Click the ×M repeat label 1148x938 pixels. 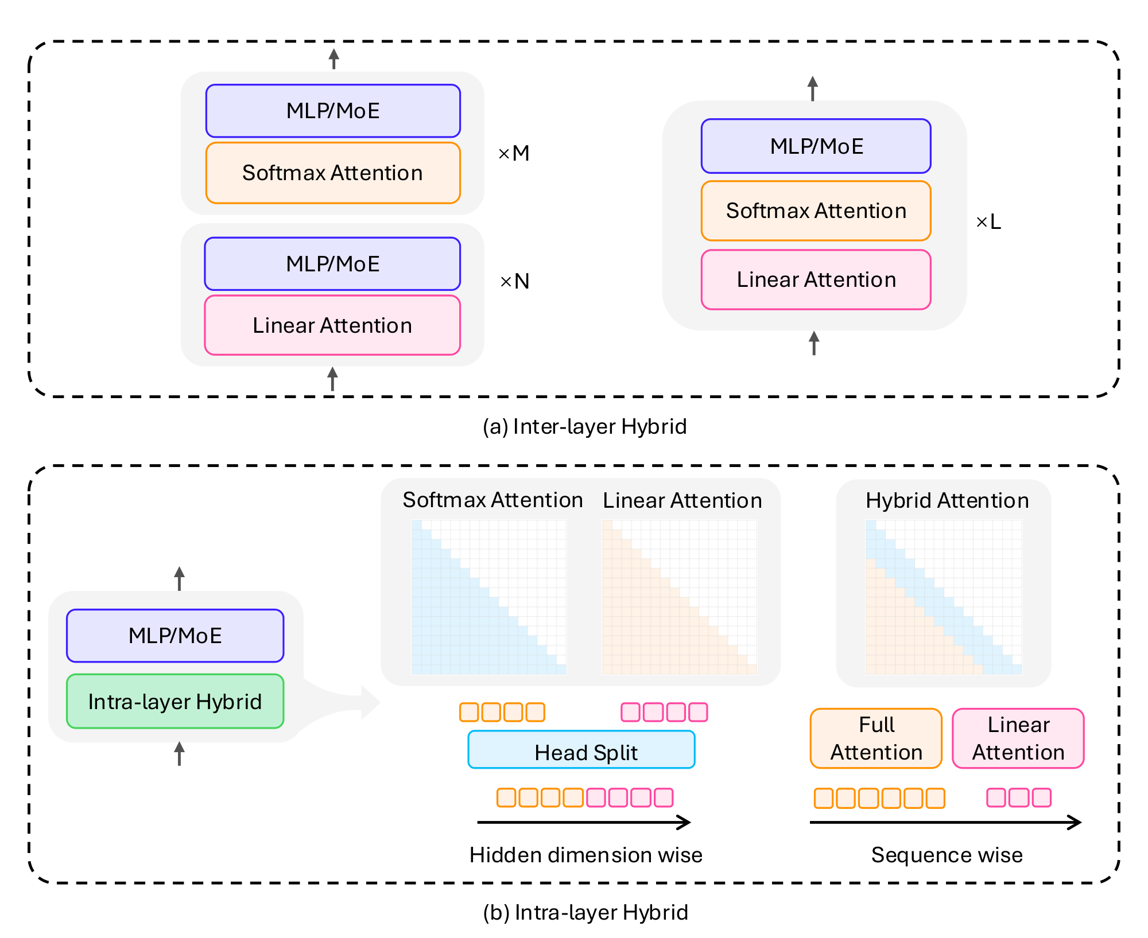(514, 154)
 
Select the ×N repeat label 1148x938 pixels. (515, 282)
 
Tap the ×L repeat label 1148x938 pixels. (988, 222)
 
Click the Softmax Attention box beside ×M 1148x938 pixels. (333, 173)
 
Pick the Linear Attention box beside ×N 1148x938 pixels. (332, 325)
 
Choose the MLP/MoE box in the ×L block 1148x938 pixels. (816, 146)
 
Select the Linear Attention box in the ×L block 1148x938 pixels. (816, 280)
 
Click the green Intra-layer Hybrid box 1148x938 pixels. (175, 702)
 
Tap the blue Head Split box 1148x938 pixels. (581, 750)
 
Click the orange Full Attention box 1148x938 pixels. (876, 738)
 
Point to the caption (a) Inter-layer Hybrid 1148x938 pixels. (584, 427)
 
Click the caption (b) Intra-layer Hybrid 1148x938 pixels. (585, 912)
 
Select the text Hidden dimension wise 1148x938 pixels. (585, 855)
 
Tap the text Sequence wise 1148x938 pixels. (947, 855)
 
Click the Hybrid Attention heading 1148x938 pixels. (947, 500)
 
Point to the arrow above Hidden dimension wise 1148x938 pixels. (584, 822)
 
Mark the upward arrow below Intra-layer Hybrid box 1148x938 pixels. (180, 753)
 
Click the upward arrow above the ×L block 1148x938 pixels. (812, 89)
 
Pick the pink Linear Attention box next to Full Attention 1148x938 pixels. (1018, 738)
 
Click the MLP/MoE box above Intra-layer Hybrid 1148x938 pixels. (175, 636)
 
